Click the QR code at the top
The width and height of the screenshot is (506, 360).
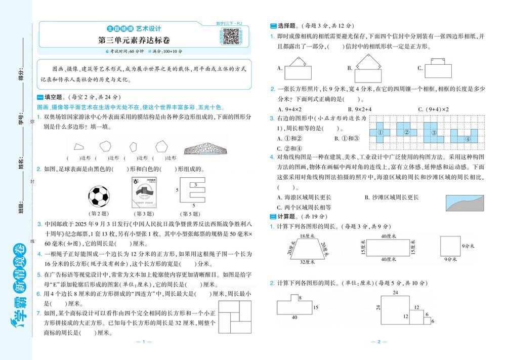[231, 36]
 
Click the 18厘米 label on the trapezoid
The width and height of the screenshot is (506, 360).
[305, 236]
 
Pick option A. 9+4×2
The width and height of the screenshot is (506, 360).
[290, 109]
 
